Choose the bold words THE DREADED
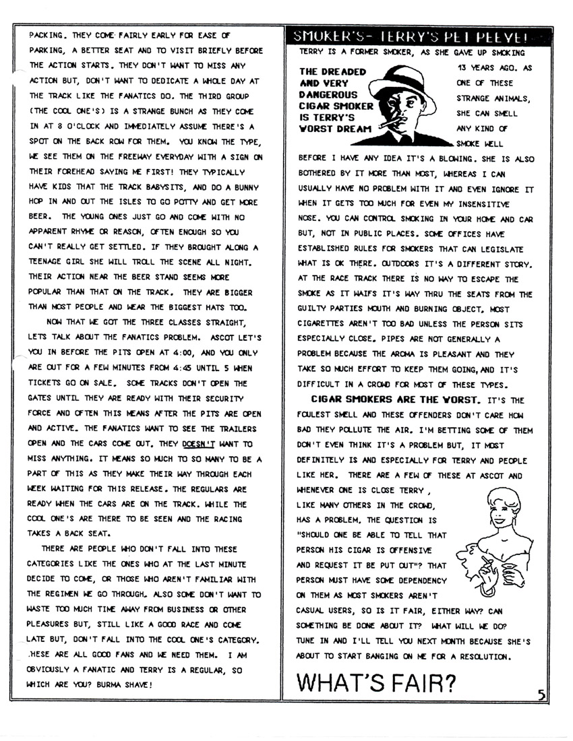(332, 71)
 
